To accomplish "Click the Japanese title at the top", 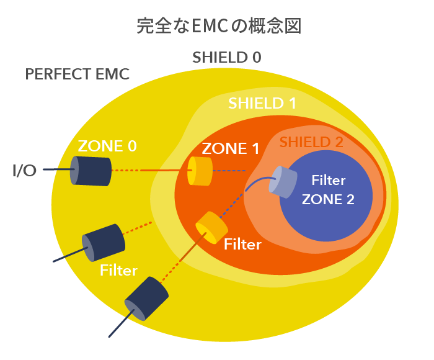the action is pos(219,26).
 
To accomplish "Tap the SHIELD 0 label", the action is pos(227,57).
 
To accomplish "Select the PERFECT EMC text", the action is pos(77,74).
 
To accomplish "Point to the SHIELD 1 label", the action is pos(262,103).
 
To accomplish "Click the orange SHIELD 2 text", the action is pos(311,142).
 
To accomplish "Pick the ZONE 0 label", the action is pos(107,146).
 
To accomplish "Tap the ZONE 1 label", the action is pos(230,148).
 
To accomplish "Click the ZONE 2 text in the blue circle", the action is pos(328,199).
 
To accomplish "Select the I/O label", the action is pos(24,170).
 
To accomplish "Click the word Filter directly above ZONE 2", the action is pos(329,180).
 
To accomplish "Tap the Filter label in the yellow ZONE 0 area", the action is pos(118,270).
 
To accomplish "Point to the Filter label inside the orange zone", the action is pos(242,244).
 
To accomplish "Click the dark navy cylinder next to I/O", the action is pos(91,171).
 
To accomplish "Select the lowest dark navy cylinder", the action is pos(146,299).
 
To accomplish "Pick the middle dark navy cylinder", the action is pos(104,243).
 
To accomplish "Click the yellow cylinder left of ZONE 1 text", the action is pos(200,171).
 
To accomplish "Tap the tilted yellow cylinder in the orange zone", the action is pos(212,228).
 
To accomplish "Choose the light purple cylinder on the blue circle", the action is pos(283,182).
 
